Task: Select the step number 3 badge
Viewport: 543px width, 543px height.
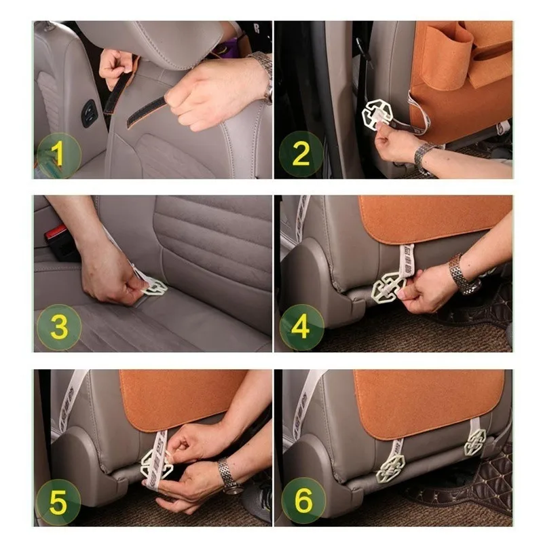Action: coord(58,328)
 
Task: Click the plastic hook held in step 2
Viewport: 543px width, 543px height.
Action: coord(377,114)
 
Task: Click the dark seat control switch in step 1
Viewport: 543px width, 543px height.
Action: coord(89,113)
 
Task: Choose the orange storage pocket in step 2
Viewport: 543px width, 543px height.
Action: coord(468,75)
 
